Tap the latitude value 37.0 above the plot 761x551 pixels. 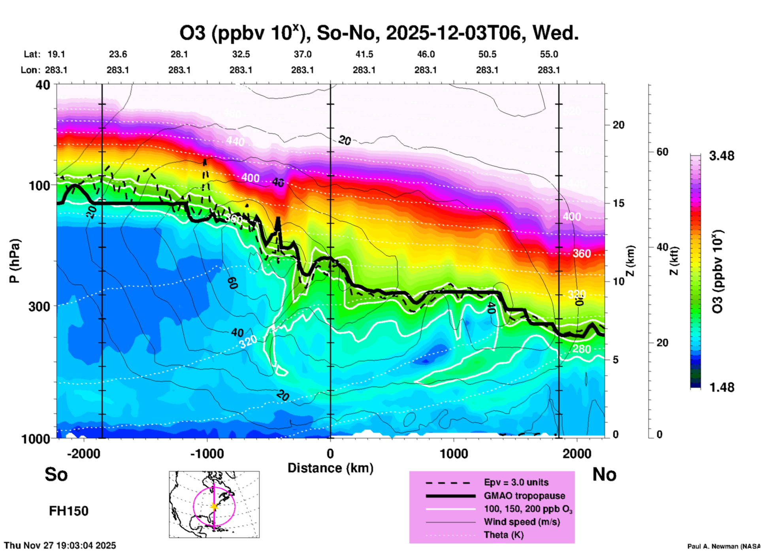[x=302, y=54]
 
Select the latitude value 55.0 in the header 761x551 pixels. [x=549, y=54]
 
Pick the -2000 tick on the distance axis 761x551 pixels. [x=83, y=453]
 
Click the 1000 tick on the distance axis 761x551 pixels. [x=454, y=453]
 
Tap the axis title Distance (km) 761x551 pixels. [x=330, y=468]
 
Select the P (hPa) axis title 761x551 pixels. [x=15, y=260]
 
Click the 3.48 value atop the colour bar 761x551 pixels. [x=721, y=156]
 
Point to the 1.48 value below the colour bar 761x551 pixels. [x=721, y=387]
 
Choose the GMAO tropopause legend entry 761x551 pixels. [x=524, y=496]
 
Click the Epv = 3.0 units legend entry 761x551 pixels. [x=516, y=482]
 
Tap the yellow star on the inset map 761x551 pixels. [x=214, y=506]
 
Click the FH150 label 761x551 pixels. [x=69, y=511]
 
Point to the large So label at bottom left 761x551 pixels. [x=56, y=474]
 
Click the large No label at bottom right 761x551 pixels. [x=604, y=474]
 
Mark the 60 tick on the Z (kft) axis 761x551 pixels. [x=662, y=152]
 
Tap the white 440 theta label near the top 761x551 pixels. [x=235, y=141]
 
